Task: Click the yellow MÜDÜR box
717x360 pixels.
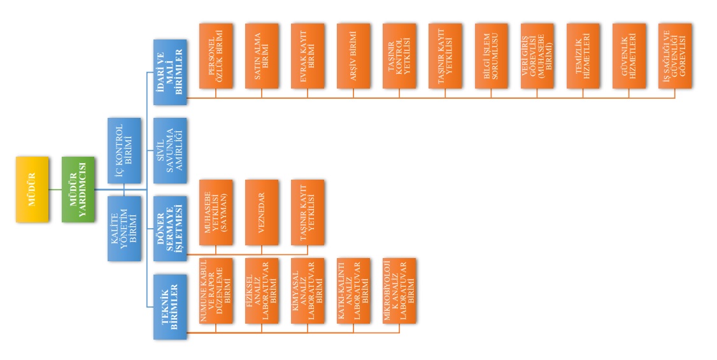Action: coord(32,189)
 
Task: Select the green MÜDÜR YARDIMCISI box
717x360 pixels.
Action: coord(78,189)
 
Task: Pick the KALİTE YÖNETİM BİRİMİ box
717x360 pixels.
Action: coord(124,228)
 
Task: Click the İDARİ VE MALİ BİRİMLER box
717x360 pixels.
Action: coord(170,72)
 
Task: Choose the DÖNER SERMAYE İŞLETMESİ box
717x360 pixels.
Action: coord(170,228)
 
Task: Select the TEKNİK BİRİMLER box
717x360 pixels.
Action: coord(170,306)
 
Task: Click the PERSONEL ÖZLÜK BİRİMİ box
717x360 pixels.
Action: coord(216,55)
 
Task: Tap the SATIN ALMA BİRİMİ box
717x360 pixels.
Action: coord(262,55)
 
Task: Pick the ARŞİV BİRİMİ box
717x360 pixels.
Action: coord(353,55)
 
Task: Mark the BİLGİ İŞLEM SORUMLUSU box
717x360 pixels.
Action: coord(491,55)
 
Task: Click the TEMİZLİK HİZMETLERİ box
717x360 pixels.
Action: coord(583,55)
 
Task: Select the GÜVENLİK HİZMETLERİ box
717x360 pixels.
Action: coord(628,55)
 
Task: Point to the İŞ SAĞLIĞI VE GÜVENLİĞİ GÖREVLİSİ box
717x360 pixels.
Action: coord(675,55)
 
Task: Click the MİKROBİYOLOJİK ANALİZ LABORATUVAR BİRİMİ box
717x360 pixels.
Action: coord(399,291)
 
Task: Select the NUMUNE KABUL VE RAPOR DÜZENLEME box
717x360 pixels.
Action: coord(216,291)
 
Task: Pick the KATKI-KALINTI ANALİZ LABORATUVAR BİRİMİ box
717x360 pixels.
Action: coord(353,291)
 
